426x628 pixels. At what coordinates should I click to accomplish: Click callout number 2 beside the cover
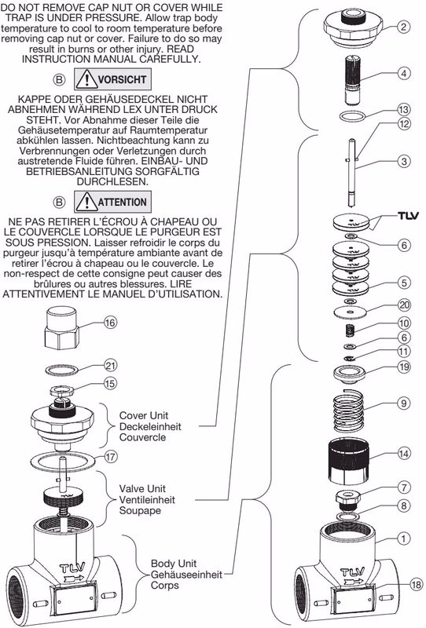(x=403, y=27)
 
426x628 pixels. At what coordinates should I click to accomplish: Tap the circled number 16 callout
(x=110, y=323)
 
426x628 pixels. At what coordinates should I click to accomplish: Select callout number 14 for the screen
(x=404, y=454)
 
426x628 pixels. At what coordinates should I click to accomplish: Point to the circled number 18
(x=417, y=585)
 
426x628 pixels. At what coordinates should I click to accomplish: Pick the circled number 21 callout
(x=110, y=365)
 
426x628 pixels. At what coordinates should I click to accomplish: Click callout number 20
(x=404, y=305)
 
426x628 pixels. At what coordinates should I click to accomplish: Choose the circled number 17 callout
(x=111, y=456)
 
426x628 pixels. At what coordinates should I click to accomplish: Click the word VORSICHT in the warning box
(x=122, y=79)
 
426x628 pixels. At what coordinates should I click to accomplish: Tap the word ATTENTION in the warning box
(x=122, y=202)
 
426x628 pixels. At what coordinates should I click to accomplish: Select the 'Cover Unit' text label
(x=144, y=415)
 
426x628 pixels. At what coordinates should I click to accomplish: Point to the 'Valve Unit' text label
(x=142, y=488)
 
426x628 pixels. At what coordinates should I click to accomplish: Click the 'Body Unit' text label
(x=173, y=564)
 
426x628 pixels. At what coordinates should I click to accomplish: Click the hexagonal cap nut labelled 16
(x=61, y=328)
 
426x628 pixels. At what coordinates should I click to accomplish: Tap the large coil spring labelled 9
(x=348, y=410)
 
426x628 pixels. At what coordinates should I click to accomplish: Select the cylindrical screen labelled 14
(x=349, y=460)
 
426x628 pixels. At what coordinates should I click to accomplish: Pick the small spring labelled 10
(x=351, y=330)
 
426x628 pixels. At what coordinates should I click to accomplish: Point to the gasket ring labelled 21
(x=61, y=370)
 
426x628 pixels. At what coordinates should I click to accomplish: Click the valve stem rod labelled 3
(x=351, y=172)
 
